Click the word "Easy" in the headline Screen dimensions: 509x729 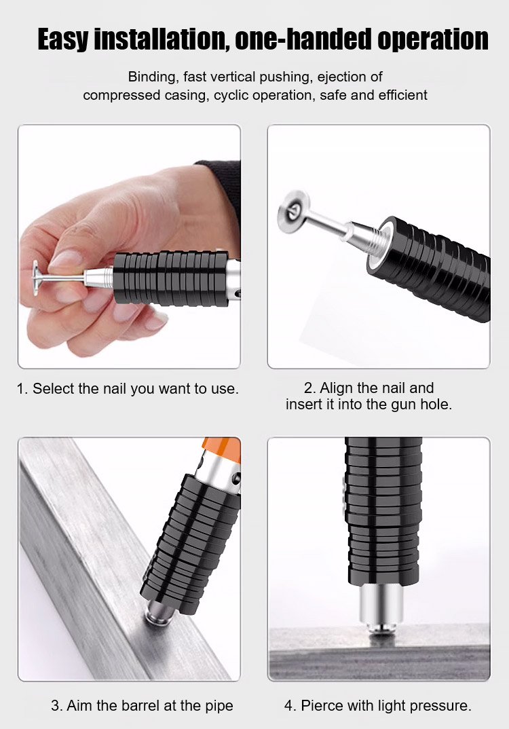(x=63, y=39)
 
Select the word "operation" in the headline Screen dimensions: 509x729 (x=433, y=40)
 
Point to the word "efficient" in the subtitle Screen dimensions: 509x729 (x=402, y=95)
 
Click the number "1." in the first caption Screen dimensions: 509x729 (x=23, y=389)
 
